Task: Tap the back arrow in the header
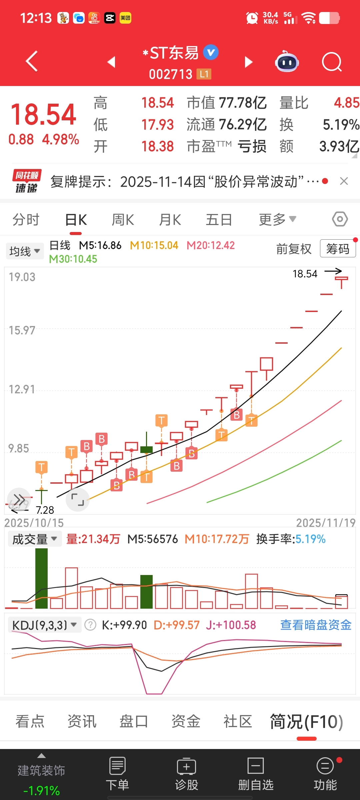[x=32, y=61]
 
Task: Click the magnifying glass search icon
[x=332, y=62]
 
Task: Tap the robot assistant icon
[x=287, y=62]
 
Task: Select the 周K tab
[x=123, y=220]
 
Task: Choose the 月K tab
[x=170, y=220]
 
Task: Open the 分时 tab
[x=26, y=220]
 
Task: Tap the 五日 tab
[x=219, y=220]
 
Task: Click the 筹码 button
[x=338, y=249]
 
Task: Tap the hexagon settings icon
[x=340, y=219]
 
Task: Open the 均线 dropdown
[x=25, y=251]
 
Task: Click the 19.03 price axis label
[x=22, y=277]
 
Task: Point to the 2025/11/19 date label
[x=326, y=523]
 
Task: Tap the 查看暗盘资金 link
[x=316, y=625]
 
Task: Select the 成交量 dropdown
[x=35, y=539]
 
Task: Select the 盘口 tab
[x=134, y=722]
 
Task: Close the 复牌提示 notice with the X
[x=344, y=181]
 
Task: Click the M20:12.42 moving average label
[x=211, y=246]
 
